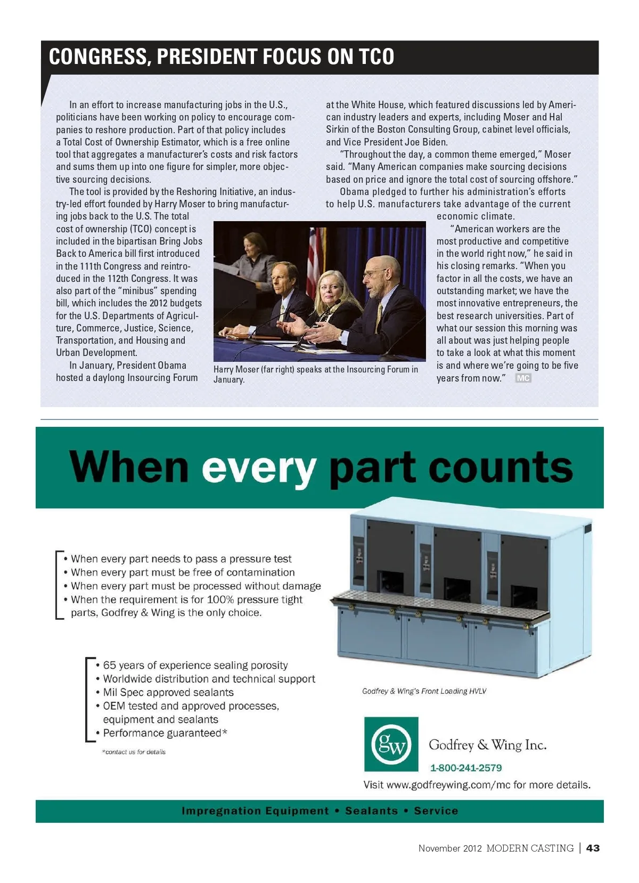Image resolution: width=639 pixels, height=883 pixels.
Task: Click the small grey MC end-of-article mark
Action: (x=523, y=378)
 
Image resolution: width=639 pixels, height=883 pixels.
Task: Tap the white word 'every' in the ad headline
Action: (x=259, y=467)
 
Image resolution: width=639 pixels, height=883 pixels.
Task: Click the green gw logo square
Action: (x=391, y=744)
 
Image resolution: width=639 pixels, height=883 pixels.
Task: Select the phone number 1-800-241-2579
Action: (x=466, y=768)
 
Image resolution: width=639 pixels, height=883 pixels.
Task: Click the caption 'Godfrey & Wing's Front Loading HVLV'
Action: (x=424, y=691)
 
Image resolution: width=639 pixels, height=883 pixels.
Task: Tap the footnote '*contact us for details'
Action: (x=134, y=752)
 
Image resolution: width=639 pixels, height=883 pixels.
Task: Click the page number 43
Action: (x=593, y=848)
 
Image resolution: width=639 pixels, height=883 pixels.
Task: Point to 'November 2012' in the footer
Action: (x=449, y=848)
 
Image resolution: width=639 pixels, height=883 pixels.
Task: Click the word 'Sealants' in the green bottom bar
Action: (x=372, y=811)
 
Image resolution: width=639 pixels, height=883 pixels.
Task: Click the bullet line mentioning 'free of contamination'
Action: (x=183, y=572)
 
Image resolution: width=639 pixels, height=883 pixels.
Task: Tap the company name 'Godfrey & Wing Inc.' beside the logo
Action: (x=488, y=744)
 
